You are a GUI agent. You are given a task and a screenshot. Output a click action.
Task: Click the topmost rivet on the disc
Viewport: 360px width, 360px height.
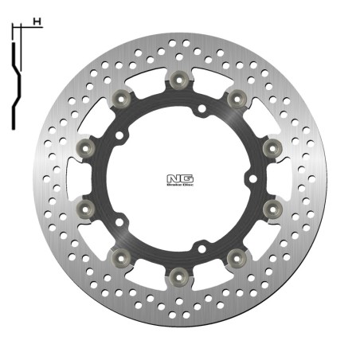pos(178,80)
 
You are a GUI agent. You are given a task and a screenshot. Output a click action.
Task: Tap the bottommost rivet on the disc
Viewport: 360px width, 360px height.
pos(178,274)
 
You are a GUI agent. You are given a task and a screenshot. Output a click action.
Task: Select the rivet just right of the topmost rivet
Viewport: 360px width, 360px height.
pos(235,98)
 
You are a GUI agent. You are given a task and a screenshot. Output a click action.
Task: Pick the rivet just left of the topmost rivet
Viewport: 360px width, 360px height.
pos(121,98)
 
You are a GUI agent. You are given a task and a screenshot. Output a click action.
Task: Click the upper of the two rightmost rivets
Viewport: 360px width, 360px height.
pos(270,147)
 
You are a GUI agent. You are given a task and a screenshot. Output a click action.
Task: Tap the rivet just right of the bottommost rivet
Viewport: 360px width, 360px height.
pos(235,256)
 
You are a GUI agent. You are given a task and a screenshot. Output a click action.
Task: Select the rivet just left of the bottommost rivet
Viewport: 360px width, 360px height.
pos(121,256)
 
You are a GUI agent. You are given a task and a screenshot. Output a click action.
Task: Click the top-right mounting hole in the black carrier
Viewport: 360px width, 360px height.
pos(202,108)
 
